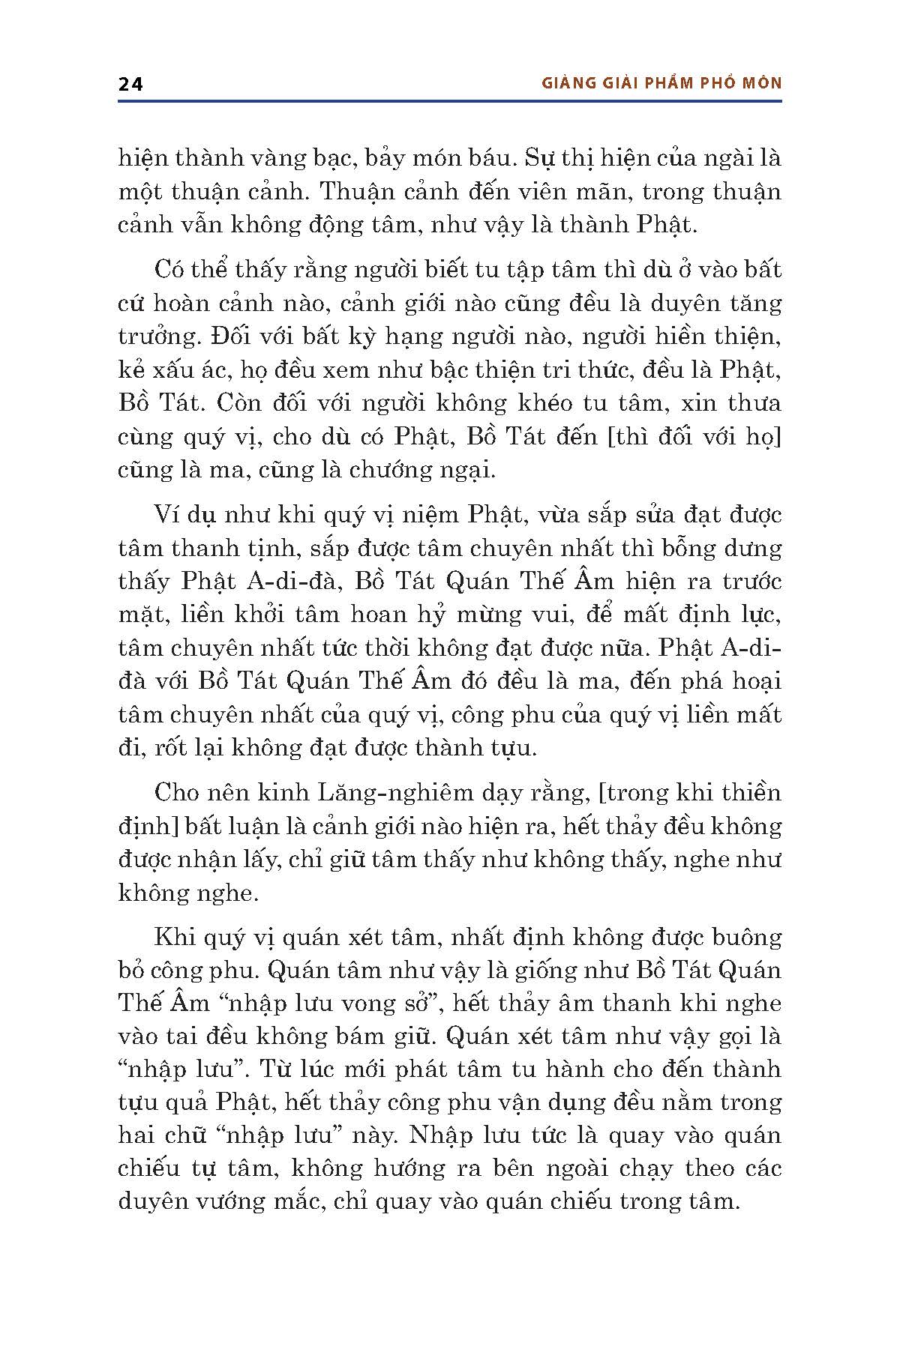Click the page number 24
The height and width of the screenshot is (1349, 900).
pyautogui.click(x=130, y=84)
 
